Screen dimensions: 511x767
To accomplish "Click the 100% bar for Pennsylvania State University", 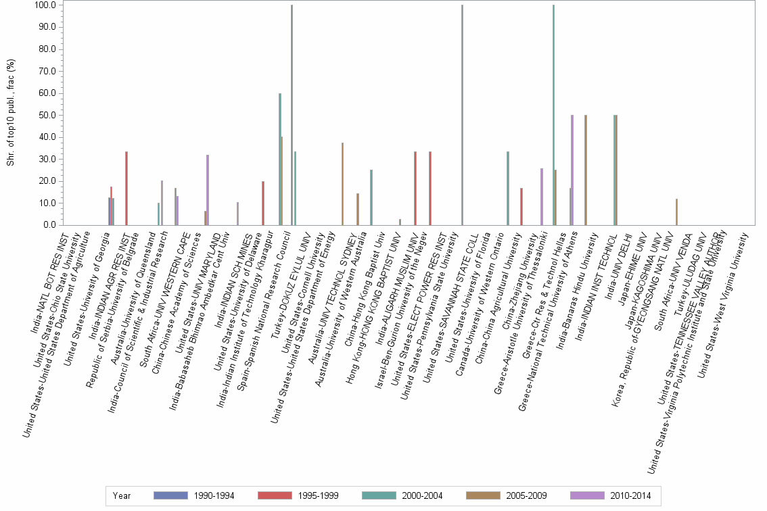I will pos(462,115).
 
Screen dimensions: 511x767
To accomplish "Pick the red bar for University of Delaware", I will pos(263,203).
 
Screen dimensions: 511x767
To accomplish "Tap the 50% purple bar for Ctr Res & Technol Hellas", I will pos(572,170).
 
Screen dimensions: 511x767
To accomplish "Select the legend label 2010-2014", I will pos(630,496).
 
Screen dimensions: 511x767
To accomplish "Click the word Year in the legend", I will pos(122,496).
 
